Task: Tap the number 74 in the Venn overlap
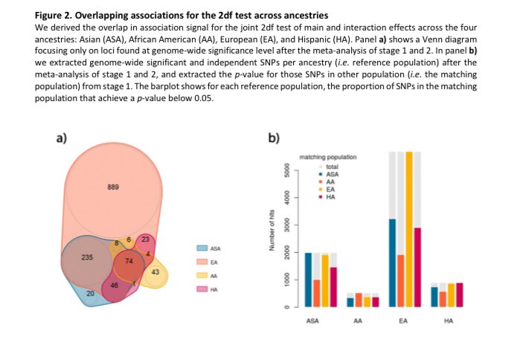click(129, 262)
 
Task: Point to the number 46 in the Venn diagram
click(115, 286)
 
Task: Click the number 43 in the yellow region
click(155, 271)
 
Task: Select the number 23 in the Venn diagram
click(145, 239)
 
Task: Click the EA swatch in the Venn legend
click(201, 262)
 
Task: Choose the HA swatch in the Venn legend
click(201, 290)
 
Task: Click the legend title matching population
click(327, 158)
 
